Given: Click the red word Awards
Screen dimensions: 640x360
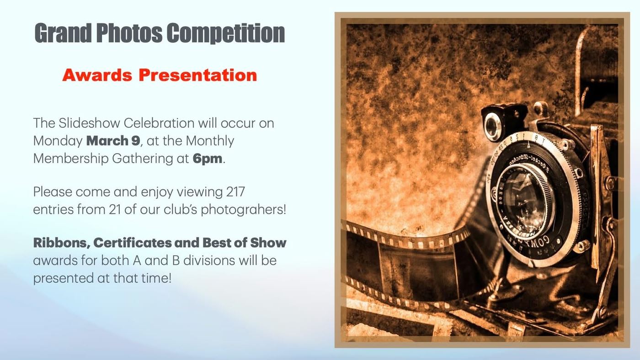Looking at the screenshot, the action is click(97, 75).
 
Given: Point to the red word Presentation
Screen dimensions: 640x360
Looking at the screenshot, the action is click(197, 75).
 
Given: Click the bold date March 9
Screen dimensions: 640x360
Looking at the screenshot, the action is click(113, 141).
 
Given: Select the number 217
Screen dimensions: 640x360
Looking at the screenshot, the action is click(235, 191).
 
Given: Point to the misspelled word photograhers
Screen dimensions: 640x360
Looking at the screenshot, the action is click(243, 210).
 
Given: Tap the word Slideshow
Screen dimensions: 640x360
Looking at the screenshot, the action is click(90, 123).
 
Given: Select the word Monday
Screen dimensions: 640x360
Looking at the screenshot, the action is click(58, 141).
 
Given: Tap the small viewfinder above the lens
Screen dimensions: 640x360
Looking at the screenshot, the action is click(492, 126).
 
